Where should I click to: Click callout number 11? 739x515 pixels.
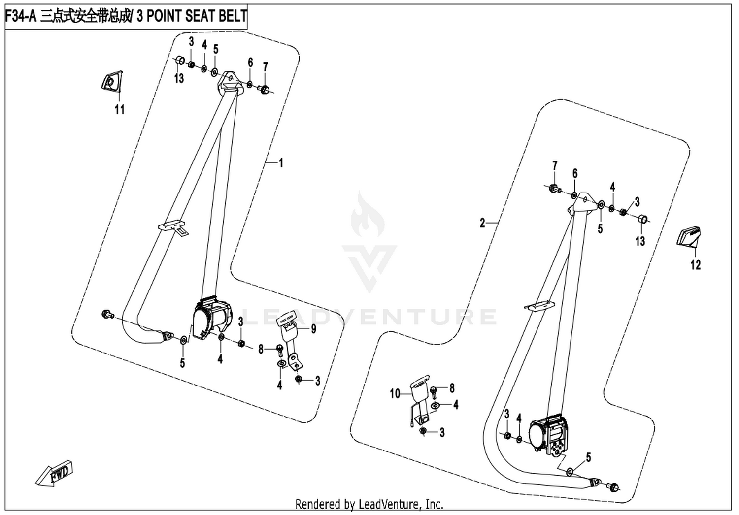pyautogui.click(x=120, y=109)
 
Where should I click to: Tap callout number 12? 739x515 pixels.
pyautogui.click(x=696, y=265)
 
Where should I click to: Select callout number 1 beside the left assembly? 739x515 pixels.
pyautogui.click(x=281, y=163)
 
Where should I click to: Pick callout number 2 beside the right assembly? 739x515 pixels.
pyautogui.click(x=482, y=223)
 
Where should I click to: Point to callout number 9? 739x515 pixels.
pyautogui.click(x=313, y=329)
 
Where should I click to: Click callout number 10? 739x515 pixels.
pyautogui.click(x=395, y=394)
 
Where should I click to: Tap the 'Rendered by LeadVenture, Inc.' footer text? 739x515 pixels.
pyautogui.click(x=369, y=505)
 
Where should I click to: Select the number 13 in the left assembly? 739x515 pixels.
pyautogui.click(x=179, y=78)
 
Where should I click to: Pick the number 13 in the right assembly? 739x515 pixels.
pyautogui.click(x=640, y=241)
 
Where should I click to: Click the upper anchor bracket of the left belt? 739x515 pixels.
pyautogui.click(x=229, y=83)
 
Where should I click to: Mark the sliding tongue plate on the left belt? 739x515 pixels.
pyautogui.click(x=173, y=227)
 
